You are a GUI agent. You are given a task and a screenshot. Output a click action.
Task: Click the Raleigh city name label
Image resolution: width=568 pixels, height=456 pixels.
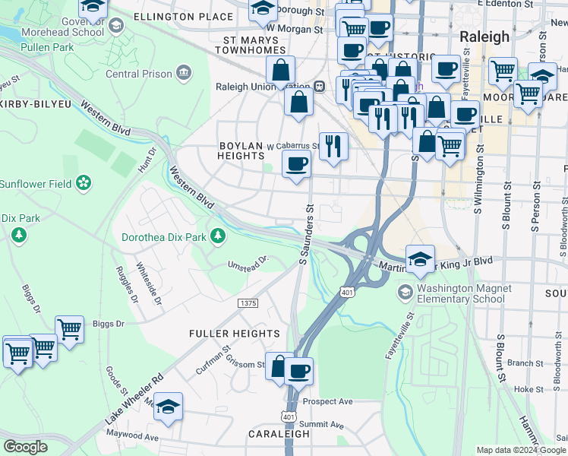[x=484, y=36]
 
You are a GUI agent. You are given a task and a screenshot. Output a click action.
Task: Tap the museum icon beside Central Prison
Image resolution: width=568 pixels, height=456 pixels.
[x=183, y=73]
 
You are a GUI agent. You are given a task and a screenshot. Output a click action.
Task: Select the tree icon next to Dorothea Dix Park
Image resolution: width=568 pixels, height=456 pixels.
[x=218, y=236]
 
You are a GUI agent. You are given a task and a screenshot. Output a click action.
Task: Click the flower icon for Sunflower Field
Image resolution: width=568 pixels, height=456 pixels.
[x=84, y=183]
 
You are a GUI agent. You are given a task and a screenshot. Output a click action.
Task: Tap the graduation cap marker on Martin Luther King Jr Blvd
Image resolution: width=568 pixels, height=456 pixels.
[x=420, y=259]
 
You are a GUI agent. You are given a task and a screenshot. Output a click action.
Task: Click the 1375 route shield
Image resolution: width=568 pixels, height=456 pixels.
[x=248, y=303]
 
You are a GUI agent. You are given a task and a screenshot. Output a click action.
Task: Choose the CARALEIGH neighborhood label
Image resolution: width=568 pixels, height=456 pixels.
[x=279, y=434]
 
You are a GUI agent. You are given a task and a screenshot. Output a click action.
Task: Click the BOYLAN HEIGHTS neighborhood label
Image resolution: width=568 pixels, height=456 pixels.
[x=241, y=150]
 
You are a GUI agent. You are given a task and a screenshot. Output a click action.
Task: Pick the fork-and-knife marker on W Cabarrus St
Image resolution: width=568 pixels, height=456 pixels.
[x=333, y=146]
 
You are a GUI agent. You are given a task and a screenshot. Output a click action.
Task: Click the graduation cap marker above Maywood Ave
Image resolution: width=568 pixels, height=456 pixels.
[x=169, y=407]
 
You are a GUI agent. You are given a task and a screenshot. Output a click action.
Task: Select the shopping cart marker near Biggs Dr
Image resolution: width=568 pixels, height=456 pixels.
[x=69, y=331]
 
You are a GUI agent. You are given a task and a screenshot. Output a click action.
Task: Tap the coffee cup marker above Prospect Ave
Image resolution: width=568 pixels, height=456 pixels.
[x=298, y=372]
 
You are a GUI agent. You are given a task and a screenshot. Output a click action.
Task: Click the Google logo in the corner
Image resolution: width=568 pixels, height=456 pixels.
[x=26, y=447]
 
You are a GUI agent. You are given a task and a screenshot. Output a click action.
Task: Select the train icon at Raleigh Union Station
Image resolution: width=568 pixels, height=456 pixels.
[x=320, y=87]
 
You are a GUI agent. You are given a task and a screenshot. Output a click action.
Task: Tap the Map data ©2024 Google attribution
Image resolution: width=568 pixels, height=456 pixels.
[x=521, y=450]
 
